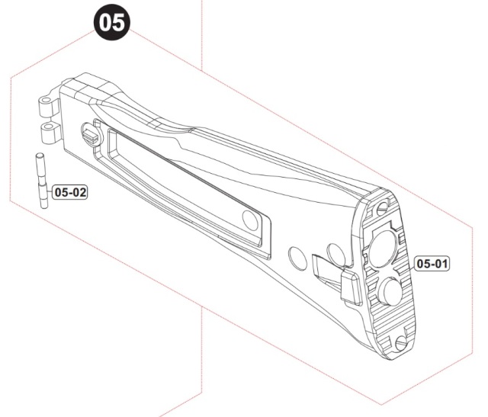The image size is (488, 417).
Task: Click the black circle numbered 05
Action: [x=112, y=22]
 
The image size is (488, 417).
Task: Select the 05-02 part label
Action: [x=70, y=192]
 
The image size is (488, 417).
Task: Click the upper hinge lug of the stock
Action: [x=49, y=106]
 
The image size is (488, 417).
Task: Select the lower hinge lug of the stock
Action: [x=50, y=133]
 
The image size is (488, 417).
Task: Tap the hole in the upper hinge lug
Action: [x=46, y=100]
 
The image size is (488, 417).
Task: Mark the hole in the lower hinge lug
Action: [x=49, y=127]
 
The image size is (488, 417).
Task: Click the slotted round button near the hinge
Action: [x=91, y=134]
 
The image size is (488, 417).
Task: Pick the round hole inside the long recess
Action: [x=250, y=220]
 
